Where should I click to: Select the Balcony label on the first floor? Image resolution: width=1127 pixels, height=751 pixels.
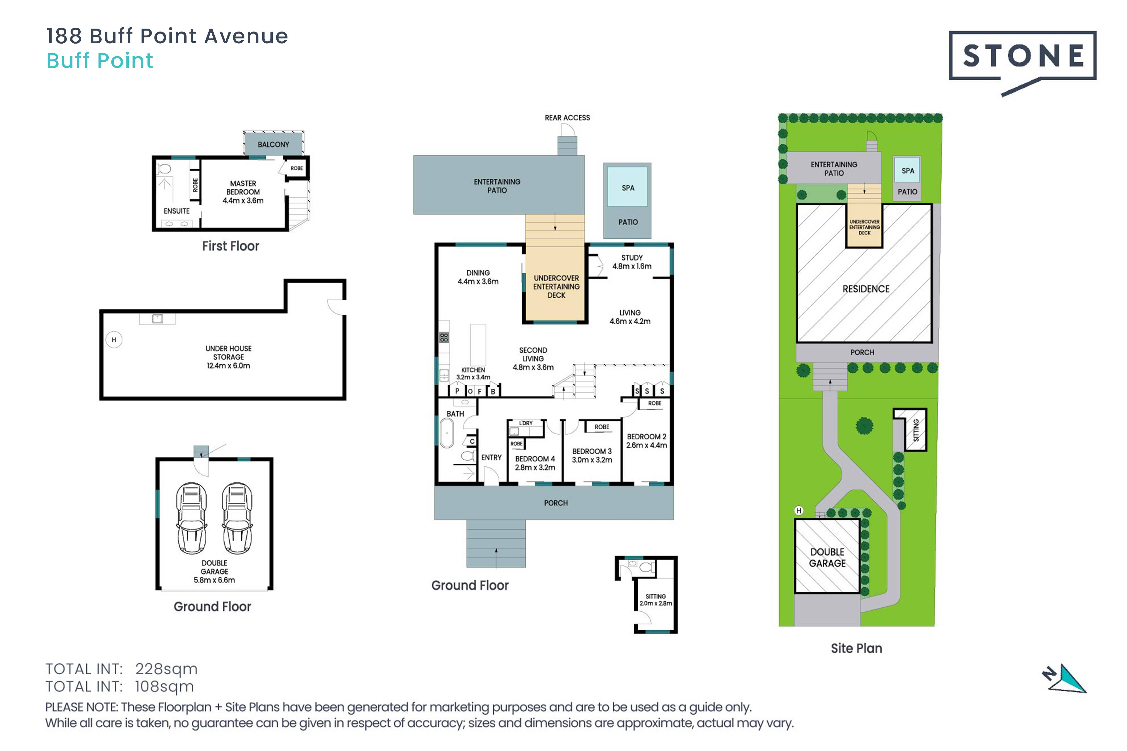click(273, 144)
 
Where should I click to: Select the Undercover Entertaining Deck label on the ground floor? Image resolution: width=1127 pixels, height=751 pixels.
click(556, 286)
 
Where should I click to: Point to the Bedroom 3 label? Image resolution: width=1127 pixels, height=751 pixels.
click(592, 451)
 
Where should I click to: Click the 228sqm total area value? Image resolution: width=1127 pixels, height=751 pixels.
click(166, 669)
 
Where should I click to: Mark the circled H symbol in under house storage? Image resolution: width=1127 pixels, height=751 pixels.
click(113, 340)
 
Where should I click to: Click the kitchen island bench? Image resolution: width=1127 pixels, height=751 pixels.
click(478, 345)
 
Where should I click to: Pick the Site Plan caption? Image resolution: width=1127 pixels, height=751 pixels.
click(856, 649)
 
